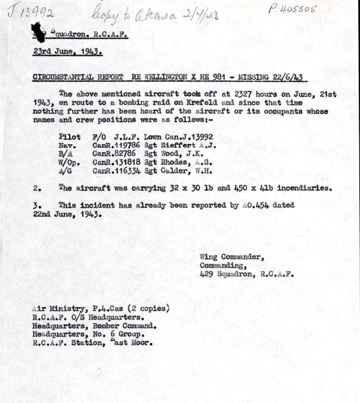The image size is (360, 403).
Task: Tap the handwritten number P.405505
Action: (293, 9)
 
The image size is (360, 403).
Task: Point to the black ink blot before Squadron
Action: (40, 32)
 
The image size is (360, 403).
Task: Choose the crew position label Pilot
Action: (69, 137)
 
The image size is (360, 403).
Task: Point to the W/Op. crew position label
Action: (68, 162)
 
